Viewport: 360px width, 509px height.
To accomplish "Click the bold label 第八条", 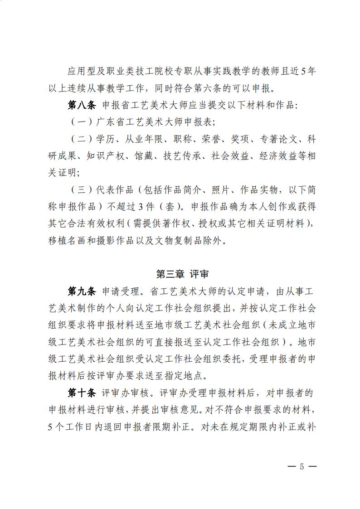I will pyautogui.click(x=82, y=105).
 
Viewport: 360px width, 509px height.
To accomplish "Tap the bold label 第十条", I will pyautogui.click(x=82, y=393).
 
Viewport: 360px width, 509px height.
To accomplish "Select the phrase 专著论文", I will pyautogui.click(x=277, y=139).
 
